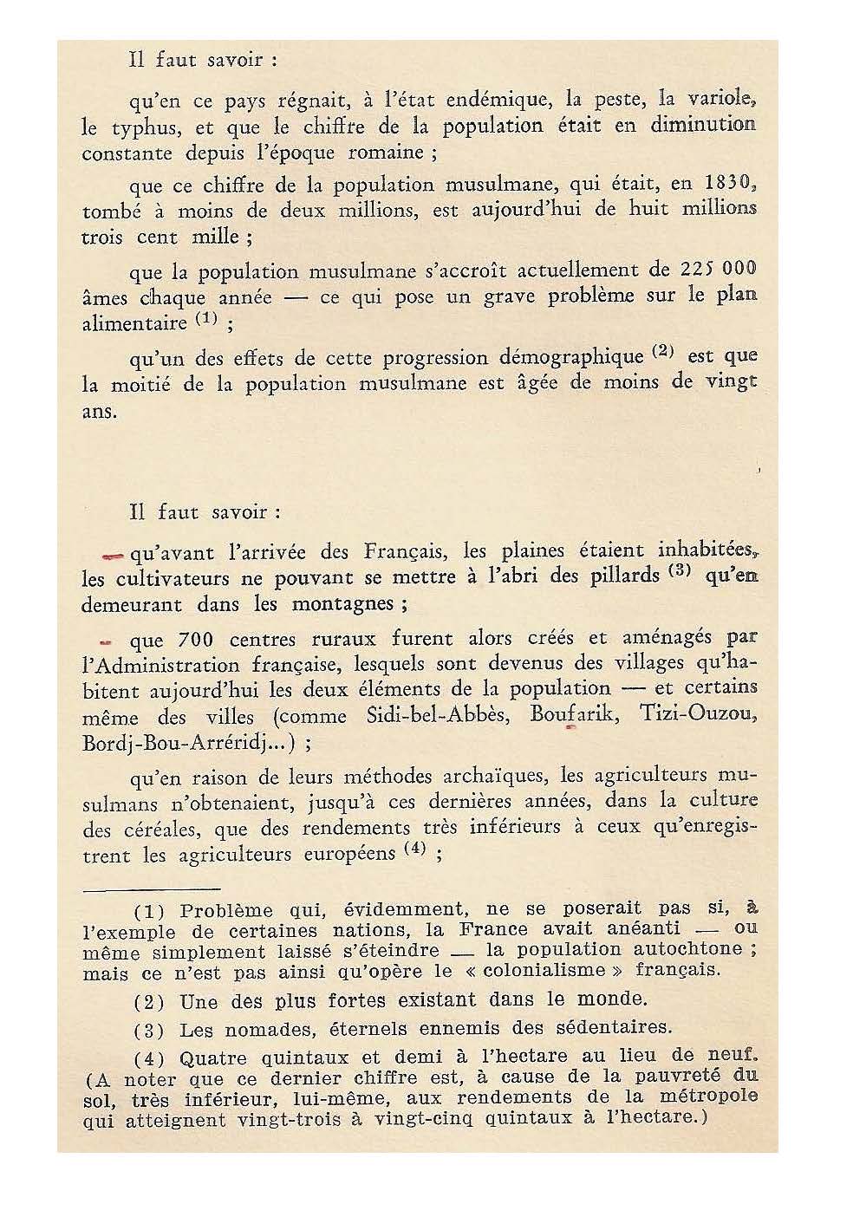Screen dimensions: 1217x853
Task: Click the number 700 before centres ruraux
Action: pyautogui.click(x=195, y=640)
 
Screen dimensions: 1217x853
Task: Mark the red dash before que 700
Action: pyautogui.click(x=107, y=642)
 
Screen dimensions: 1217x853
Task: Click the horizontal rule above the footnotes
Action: pyautogui.click(x=150, y=889)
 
